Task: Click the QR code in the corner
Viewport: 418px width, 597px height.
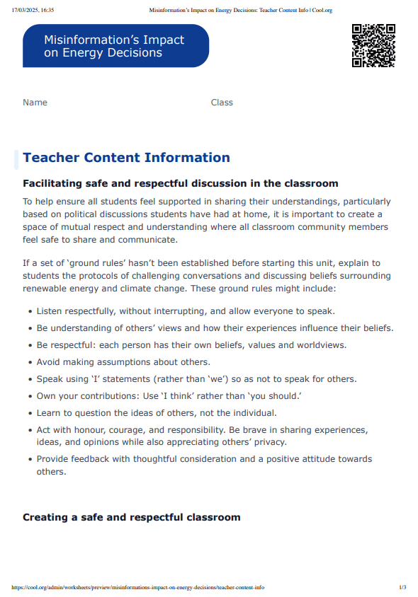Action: [x=373, y=45]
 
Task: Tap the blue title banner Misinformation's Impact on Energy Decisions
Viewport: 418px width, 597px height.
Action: [x=115, y=46]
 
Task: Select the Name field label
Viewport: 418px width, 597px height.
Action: [x=35, y=103]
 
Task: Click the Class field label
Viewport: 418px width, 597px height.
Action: [x=222, y=103]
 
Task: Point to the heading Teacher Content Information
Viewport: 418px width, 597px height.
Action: [x=126, y=158]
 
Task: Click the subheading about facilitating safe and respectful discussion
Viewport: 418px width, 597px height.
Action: [x=180, y=184]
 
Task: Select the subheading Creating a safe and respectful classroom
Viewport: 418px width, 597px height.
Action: [x=131, y=517]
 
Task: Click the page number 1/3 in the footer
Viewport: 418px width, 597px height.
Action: [x=402, y=587]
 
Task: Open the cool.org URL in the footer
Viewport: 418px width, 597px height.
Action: [x=138, y=587]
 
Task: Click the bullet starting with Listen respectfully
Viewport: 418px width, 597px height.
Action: [x=186, y=311]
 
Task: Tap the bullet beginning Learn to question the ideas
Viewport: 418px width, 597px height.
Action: [x=157, y=412]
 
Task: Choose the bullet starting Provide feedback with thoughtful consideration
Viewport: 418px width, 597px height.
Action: [x=204, y=459]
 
